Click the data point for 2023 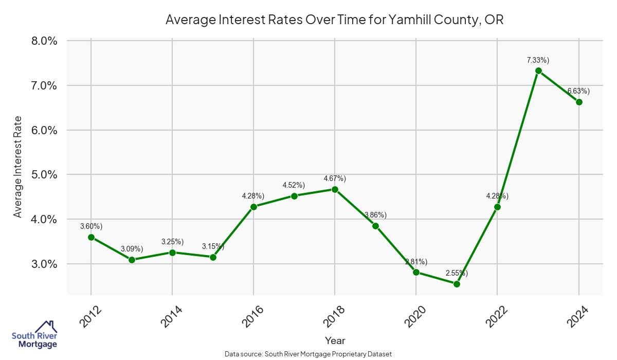coord(538,70)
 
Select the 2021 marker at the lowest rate coord(457,284)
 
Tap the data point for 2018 coord(335,189)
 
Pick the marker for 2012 coord(91,237)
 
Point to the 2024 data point coord(579,102)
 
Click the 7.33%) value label coord(538,60)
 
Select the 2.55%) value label coord(457,273)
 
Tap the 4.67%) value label coord(335,178)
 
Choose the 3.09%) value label coord(132,249)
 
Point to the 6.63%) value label coord(578,91)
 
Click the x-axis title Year coord(335,340)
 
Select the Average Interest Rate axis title coord(18,166)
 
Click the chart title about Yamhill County coord(334,20)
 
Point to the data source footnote coord(308,354)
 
